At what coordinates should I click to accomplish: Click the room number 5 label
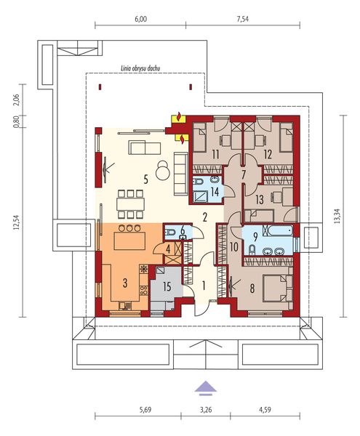[x=145, y=180]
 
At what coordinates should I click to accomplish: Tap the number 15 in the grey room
[x=167, y=287]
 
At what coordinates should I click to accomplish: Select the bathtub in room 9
[x=280, y=230]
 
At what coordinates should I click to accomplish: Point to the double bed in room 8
[x=277, y=288]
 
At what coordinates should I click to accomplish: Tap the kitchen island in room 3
[x=129, y=241]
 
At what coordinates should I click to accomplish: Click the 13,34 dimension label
[x=337, y=216]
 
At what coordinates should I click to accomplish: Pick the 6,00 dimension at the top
[x=141, y=19]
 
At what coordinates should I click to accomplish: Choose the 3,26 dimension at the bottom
[x=206, y=410]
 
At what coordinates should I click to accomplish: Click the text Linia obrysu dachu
[x=140, y=68]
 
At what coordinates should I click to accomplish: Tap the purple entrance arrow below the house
[x=205, y=387]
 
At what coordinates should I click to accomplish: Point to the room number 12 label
[x=268, y=155]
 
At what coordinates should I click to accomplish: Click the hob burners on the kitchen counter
[x=143, y=291]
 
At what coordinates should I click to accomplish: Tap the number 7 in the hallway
[x=244, y=174]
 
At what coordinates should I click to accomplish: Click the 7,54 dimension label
[x=243, y=19]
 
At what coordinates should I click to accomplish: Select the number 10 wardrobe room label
[x=234, y=246]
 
